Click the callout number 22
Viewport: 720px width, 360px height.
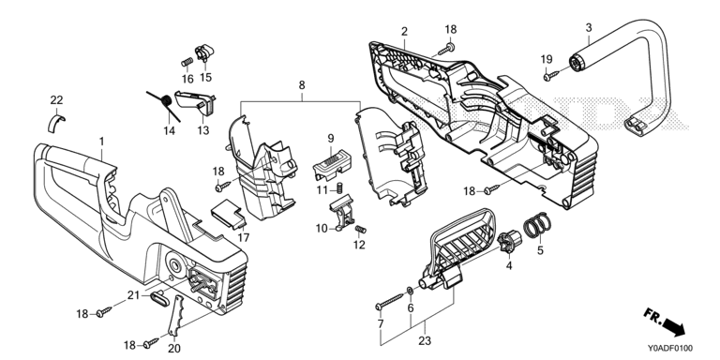point(56,100)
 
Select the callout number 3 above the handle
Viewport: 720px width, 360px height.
point(589,27)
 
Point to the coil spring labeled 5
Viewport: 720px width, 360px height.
point(537,225)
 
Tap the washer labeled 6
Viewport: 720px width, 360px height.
point(410,291)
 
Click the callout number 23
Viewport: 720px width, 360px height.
point(425,341)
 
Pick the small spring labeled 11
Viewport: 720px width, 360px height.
point(341,188)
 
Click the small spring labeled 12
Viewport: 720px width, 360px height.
point(361,229)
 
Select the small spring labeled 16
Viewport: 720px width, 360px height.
point(186,62)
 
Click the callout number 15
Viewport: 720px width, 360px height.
point(205,77)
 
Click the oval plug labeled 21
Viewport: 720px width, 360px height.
point(160,299)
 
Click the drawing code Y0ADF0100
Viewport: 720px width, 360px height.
point(670,348)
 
